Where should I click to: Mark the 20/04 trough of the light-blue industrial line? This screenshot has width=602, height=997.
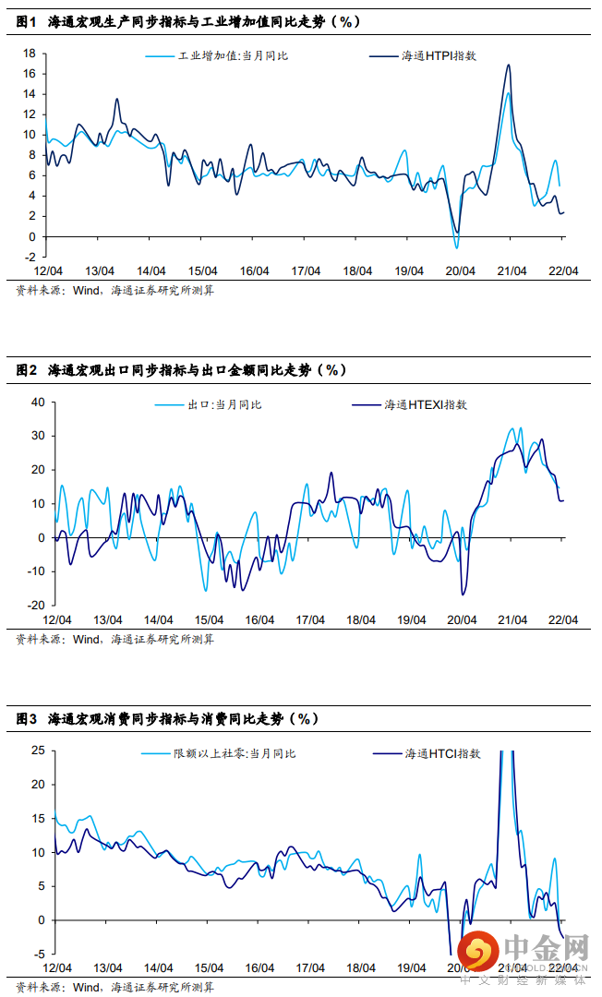tap(456, 247)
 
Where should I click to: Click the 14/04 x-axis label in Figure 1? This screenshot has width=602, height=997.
tap(150, 271)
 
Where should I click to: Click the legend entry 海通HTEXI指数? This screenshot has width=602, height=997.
tap(425, 404)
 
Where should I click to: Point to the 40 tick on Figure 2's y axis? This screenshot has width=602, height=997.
tap(38, 402)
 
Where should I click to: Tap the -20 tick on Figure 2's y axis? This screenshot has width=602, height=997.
tap(36, 606)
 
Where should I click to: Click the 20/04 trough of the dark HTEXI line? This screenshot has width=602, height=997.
tap(463, 595)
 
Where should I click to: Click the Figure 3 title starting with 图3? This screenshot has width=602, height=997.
tap(167, 717)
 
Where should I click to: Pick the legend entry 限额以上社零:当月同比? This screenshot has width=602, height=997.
tap(235, 753)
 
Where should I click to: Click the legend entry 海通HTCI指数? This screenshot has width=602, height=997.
tap(442, 753)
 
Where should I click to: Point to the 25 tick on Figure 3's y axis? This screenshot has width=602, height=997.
tap(38, 751)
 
